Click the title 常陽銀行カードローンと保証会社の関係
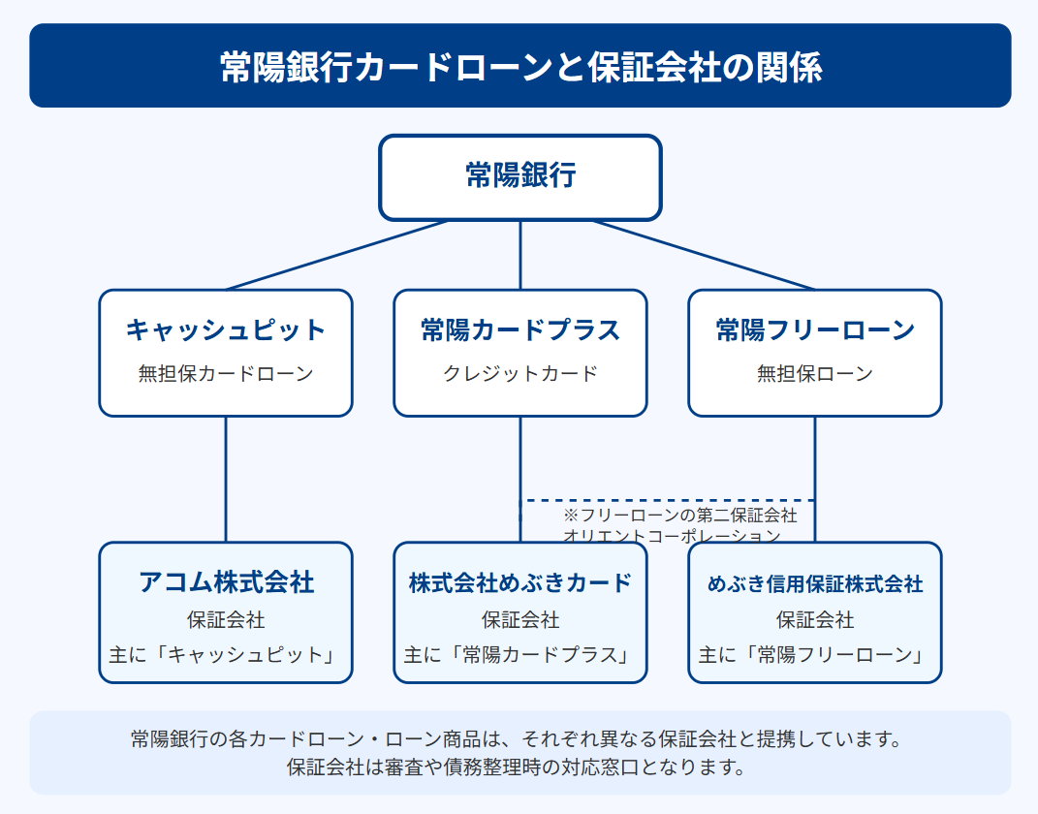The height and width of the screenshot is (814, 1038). tap(520, 67)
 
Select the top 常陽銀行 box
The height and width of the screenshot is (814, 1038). tap(520, 177)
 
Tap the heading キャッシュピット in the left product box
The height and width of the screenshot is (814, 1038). tap(226, 329)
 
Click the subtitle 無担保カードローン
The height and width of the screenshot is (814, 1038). tap(226, 374)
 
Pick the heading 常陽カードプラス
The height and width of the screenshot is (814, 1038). tap(520, 329)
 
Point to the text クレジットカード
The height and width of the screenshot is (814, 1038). tap(520, 374)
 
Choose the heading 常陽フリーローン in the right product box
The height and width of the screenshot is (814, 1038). tap(815, 329)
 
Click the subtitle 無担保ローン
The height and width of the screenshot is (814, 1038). tap(815, 374)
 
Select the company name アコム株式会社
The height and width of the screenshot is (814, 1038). tap(226, 582)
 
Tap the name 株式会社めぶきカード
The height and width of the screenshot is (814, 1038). tap(520, 583)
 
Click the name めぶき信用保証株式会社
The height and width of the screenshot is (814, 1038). tap(815, 583)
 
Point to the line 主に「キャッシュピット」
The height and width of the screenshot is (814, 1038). tap(226, 654)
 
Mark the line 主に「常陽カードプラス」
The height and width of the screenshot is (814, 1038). tap(520, 654)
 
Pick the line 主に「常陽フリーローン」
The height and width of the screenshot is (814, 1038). tap(815, 654)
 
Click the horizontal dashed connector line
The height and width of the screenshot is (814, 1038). tap(667, 500)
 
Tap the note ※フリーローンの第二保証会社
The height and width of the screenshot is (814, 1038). tap(679, 515)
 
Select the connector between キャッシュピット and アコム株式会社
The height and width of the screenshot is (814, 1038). tap(226, 479)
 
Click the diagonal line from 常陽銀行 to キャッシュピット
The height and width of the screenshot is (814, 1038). tap(337, 256)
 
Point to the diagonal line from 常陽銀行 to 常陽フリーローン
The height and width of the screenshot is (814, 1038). tap(704, 256)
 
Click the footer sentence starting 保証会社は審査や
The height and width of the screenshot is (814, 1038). tap(517, 767)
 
